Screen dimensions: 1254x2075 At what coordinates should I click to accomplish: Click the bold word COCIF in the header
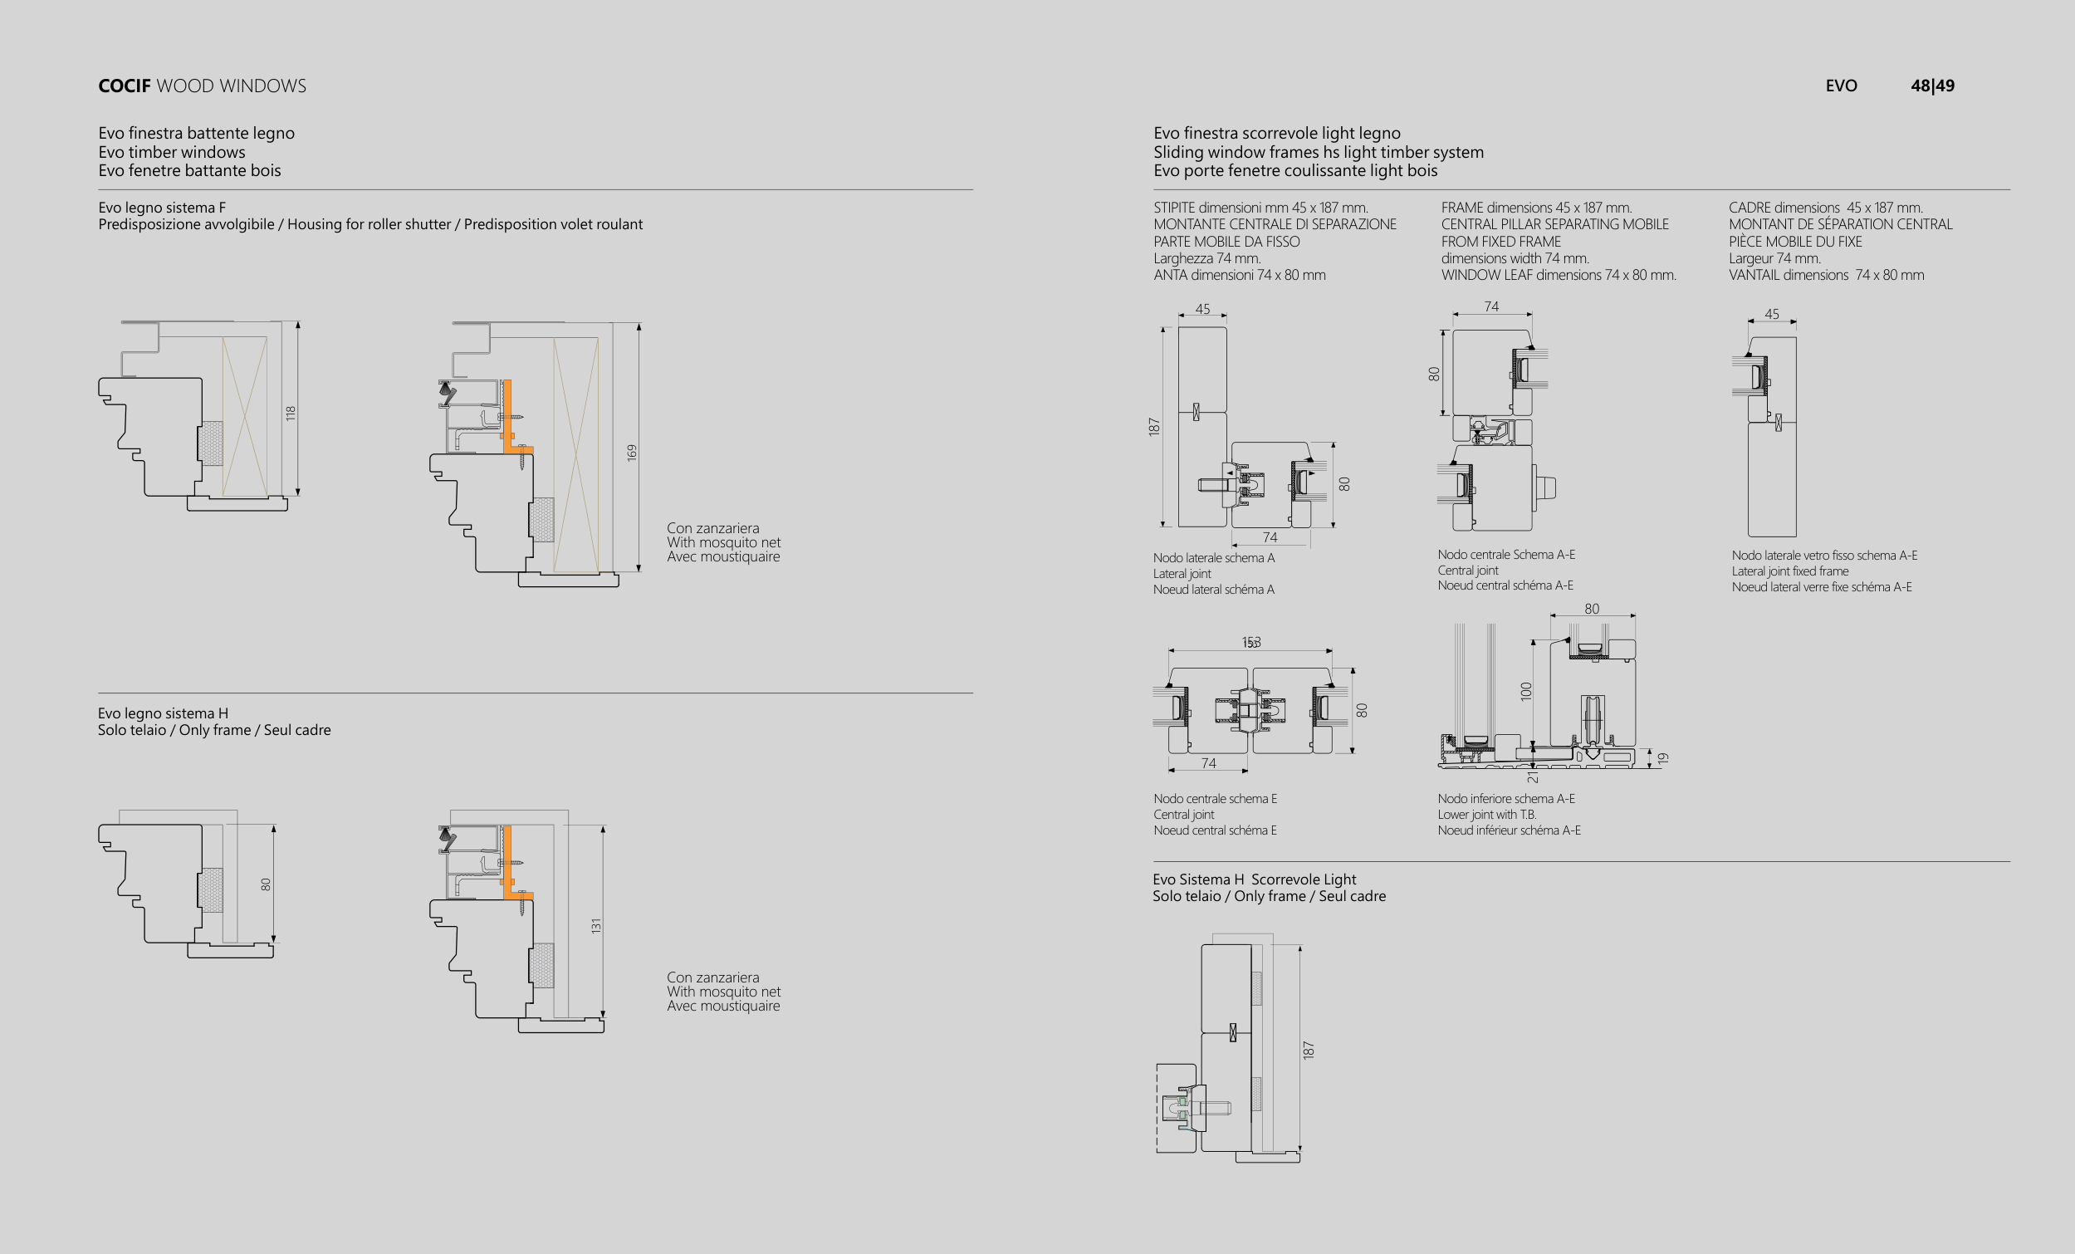pyautogui.click(x=124, y=86)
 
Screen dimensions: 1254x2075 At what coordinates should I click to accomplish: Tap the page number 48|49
pyautogui.click(x=1932, y=86)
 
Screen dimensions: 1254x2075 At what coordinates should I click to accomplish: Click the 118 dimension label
pyautogui.click(x=291, y=414)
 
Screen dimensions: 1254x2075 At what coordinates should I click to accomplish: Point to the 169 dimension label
pyautogui.click(x=632, y=453)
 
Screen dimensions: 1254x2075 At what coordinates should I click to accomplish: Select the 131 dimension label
pyautogui.click(x=596, y=925)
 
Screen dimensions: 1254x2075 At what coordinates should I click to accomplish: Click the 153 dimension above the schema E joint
pyautogui.click(x=1251, y=643)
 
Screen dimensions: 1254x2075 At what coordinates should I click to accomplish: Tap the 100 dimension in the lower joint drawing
pyautogui.click(x=1527, y=692)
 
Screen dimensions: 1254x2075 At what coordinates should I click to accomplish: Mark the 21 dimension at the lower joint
pyautogui.click(x=1533, y=777)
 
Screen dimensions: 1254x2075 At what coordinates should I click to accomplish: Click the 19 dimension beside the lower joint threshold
pyautogui.click(x=1662, y=758)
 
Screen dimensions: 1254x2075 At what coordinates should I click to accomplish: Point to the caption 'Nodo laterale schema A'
pyautogui.click(x=1213, y=557)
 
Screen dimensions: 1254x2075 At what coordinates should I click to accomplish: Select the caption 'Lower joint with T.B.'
pyautogui.click(x=1486, y=815)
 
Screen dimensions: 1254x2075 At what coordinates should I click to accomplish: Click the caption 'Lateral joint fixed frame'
pyautogui.click(x=1789, y=571)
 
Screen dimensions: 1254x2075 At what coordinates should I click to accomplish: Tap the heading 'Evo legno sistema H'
pyautogui.click(x=163, y=713)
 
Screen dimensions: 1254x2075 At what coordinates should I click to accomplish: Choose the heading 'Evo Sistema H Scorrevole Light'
pyautogui.click(x=1254, y=879)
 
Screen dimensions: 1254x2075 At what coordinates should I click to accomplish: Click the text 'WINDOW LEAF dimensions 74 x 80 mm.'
pyautogui.click(x=1558, y=275)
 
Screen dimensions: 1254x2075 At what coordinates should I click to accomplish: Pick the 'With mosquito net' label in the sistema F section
pyautogui.click(x=723, y=542)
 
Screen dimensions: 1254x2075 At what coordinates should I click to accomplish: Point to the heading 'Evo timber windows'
pyautogui.click(x=172, y=152)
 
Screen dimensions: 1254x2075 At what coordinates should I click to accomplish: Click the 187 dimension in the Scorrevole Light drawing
pyautogui.click(x=1308, y=1050)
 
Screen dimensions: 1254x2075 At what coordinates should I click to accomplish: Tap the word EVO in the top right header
pyautogui.click(x=1841, y=86)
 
